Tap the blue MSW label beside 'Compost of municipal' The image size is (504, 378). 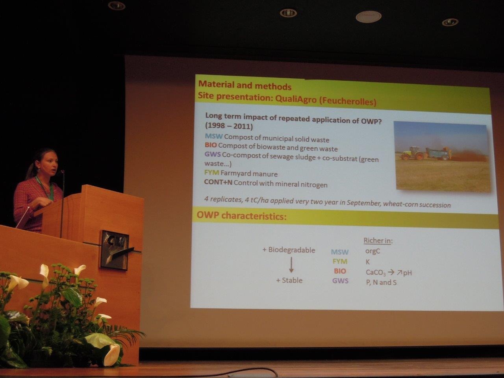pos(213,136)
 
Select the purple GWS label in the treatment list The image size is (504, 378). pos(212,154)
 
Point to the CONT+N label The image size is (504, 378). pos(218,182)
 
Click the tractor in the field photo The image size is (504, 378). pos(411,153)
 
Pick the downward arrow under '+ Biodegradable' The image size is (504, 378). pos(291,265)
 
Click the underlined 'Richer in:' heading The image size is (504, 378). pos(378,241)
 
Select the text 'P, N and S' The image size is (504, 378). pos(381,282)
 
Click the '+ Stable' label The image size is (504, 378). pos(289,280)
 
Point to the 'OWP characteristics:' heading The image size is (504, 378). pos(241,216)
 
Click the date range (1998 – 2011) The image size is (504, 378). pos(229,126)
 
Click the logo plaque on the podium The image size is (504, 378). pos(114,250)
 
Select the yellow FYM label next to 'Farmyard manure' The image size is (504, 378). pos(211,172)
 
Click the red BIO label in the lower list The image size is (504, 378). pos(340,271)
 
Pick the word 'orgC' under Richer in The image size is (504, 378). pos(372,251)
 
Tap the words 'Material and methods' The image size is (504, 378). pos(245,85)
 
